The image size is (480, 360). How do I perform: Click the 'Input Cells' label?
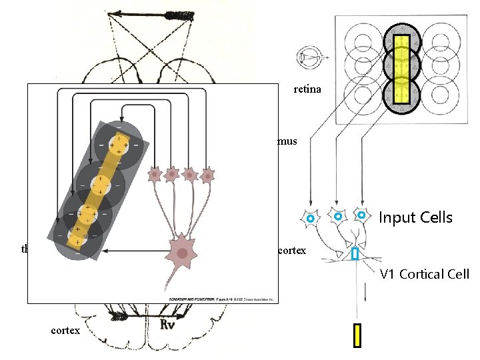coord(415,218)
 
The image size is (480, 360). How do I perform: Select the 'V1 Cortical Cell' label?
coord(425,274)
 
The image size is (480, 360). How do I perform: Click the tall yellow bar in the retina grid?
coord(401,70)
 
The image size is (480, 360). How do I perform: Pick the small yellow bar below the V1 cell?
coord(357,335)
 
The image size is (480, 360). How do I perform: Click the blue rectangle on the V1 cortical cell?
coord(355,253)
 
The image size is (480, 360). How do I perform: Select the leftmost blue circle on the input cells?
coord(310,218)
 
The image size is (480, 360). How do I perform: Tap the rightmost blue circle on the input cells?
coord(361,215)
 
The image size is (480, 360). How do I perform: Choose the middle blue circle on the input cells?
coord(338,217)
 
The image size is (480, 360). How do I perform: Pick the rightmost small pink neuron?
coord(209,175)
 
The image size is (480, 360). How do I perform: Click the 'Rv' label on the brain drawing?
coord(167,325)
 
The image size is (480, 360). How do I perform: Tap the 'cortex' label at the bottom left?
coord(65,331)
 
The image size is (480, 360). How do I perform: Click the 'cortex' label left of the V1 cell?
coord(291,251)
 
